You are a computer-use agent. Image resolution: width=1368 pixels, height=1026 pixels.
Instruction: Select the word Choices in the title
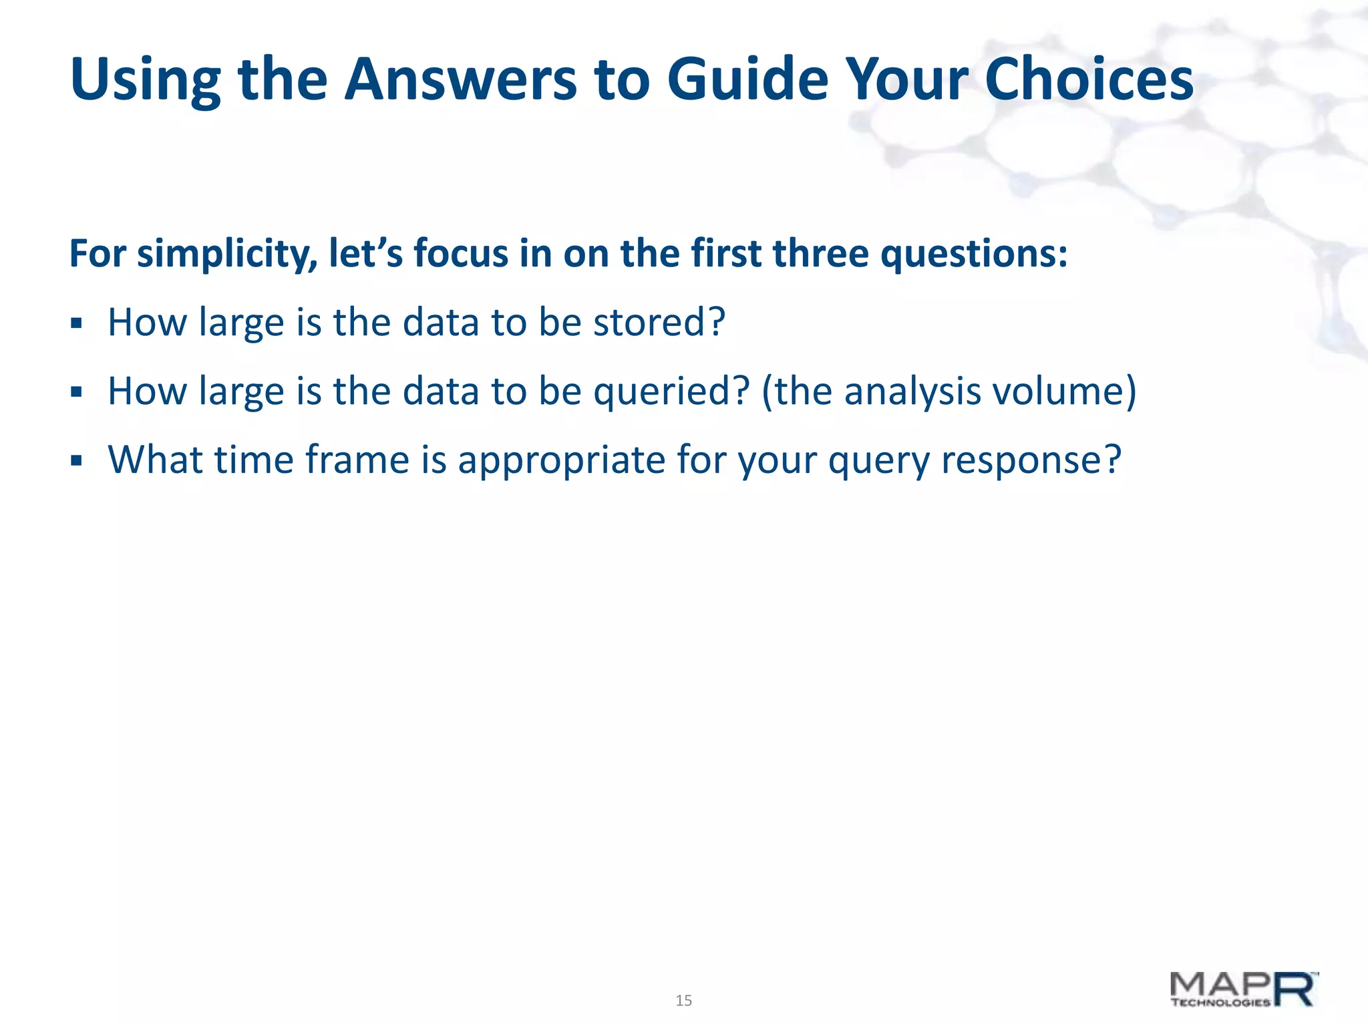click(x=1088, y=80)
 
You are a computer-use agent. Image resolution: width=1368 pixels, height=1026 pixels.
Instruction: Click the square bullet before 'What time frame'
click(x=76, y=461)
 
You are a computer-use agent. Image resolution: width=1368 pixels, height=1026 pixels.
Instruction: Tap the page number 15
click(x=683, y=1001)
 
